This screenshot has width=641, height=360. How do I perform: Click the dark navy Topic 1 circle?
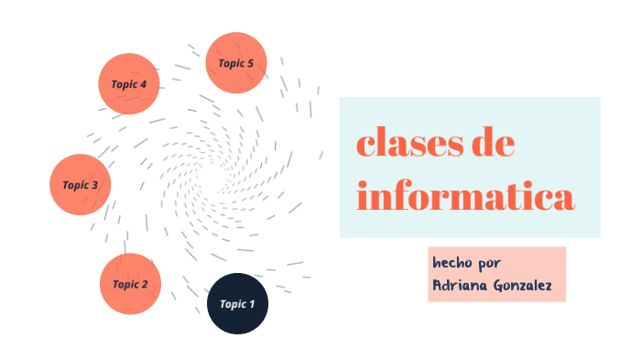point(238,303)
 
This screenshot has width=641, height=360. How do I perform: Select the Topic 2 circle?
point(131,284)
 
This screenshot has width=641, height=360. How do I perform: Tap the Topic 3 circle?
point(81,185)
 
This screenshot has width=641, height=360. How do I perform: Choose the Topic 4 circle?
point(129,84)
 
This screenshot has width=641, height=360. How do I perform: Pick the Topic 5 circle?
point(236,63)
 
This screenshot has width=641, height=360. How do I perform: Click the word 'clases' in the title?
point(408,145)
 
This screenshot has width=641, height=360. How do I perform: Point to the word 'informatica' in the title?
point(465,196)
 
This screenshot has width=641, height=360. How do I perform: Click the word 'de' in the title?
point(491,145)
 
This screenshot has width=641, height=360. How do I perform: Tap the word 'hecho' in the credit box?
point(452,262)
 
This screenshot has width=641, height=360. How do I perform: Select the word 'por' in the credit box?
point(490,263)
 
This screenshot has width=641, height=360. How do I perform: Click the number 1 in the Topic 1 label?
point(253,303)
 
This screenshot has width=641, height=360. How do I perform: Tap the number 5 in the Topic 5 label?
point(250,63)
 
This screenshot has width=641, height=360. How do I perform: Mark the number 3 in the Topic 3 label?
point(94,185)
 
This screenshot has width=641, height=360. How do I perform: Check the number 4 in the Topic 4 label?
point(143,84)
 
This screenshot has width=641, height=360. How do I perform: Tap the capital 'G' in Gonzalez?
point(502,285)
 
